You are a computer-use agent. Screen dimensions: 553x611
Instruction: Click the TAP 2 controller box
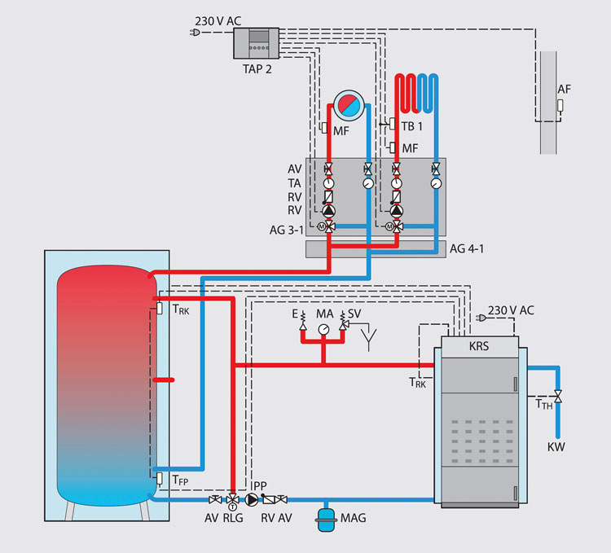coord(256,42)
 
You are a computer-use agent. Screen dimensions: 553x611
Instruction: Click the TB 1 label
coord(412,126)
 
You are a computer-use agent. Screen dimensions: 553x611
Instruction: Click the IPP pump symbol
coord(253,499)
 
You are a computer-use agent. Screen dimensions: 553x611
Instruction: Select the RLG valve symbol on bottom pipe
coord(233,499)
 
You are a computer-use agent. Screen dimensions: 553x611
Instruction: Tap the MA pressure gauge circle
coord(324,329)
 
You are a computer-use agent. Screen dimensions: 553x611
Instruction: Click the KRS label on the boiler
coord(480,345)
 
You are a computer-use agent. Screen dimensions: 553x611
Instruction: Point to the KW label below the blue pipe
coord(556,446)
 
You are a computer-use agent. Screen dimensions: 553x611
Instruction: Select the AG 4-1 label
coord(467,249)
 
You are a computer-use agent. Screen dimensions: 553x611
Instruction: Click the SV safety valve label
coord(354,314)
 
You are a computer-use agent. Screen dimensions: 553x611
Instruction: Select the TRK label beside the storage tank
coord(180,309)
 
